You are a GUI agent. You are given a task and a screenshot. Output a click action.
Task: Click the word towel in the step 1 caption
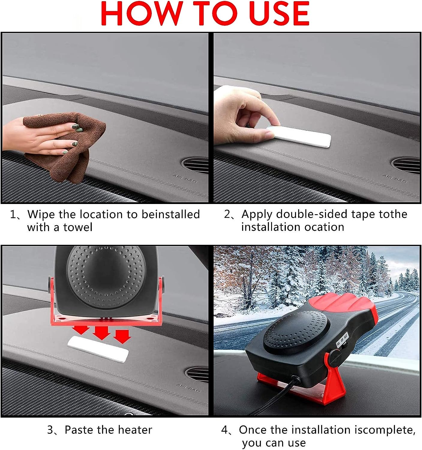point(78,227)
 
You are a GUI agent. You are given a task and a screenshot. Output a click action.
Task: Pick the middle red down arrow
point(101,332)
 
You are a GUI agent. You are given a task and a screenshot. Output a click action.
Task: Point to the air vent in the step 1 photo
point(195,165)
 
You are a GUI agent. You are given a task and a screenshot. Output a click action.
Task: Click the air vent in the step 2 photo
point(406,165)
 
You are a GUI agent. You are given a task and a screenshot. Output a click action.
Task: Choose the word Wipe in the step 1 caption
point(41,214)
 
